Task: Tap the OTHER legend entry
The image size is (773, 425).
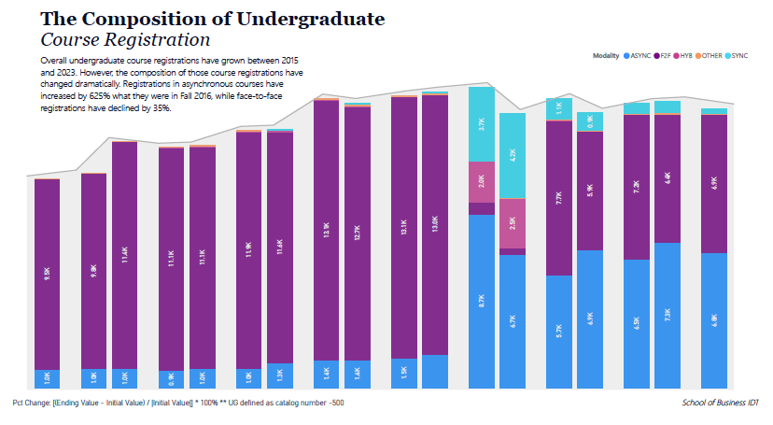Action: click(x=712, y=56)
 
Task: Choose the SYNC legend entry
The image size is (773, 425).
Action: click(x=738, y=56)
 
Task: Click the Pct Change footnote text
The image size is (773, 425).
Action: click(x=178, y=403)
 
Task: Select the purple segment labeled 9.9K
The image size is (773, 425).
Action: click(x=48, y=274)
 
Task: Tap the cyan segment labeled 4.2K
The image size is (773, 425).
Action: click(x=513, y=156)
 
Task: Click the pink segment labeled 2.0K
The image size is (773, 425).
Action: click(x=481, y=181)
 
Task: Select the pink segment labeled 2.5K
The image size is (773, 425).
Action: click(x=513, y=223)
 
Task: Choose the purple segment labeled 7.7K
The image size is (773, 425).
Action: click(x=558, y=198)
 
